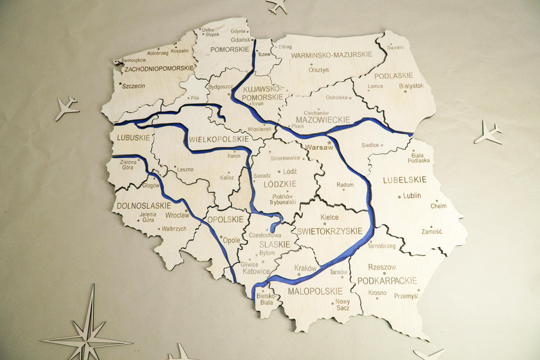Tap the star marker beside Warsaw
click(330, 142)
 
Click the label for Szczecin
click(133, 85)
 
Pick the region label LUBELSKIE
click(404, 180)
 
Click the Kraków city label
click(305, 268)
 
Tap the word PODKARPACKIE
click(387, 280)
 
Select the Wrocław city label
click(177, 215)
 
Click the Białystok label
click(411, 85)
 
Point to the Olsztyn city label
click(319, 70)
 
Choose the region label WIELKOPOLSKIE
click(218, 139)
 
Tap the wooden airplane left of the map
click(66, 108)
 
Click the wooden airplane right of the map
click(488, 132)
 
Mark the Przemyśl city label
click(406, 296)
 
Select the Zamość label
click(432, 231)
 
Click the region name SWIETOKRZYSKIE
click(330, 231)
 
